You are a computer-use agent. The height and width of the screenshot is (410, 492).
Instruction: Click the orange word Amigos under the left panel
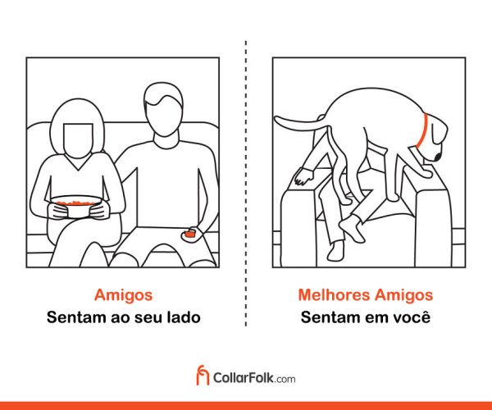(123, 295)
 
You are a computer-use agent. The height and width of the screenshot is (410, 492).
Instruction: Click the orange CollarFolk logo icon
(203, 375)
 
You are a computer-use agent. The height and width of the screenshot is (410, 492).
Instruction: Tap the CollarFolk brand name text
(244, 378)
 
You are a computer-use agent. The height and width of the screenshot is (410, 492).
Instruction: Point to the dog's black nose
(439, 156)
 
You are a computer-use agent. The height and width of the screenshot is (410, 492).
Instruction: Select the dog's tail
(302, 125)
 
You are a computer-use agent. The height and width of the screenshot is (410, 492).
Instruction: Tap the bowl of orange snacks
(76, 206)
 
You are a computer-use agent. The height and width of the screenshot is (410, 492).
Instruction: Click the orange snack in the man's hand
(189, 234)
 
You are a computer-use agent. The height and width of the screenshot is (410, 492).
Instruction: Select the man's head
(163, 109)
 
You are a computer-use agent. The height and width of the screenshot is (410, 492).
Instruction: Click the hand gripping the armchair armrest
(303, 176)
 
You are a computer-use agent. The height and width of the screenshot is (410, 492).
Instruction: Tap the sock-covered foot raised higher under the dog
(352, 227)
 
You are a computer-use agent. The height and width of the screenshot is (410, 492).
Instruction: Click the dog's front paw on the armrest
(425, 172)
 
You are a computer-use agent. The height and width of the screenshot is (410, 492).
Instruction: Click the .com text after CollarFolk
(285, 380)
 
